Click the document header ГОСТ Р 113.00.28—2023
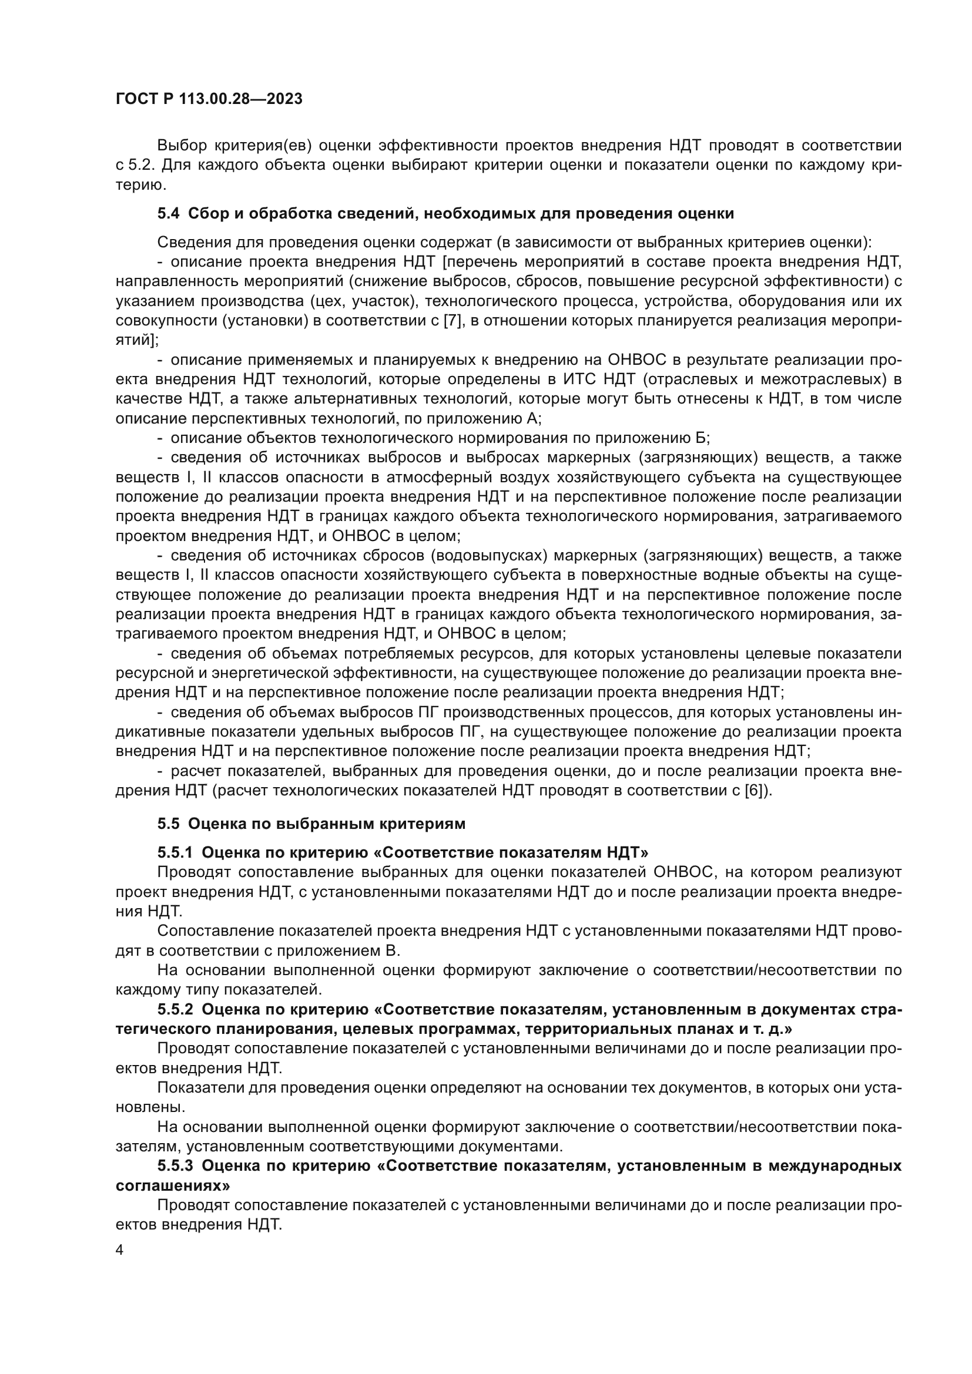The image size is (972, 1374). coord(209,99)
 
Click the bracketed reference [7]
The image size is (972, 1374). coord(451,320)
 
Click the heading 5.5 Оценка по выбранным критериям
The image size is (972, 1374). coord(311,824)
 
